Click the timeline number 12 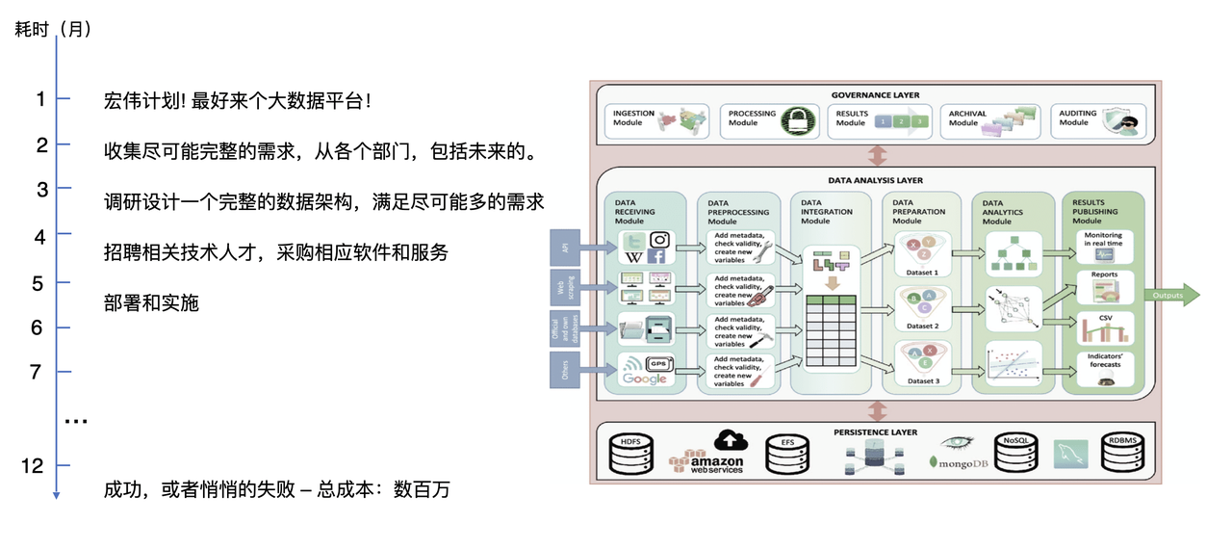pyautogui.click(x=33, y=466)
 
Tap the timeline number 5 pyautogui.click(x=38, y=283)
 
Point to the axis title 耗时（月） pyautogui.click(x=54, y=29)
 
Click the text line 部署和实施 pyautogui.click(x=151, y=302)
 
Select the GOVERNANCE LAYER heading pyautogui.click(x=875, y=95)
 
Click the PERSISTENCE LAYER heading pyautogui.click(x=876, y=432)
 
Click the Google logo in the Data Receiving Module pyautogui.click(x=645, y=379)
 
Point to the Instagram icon pyautogui.click(x=658, y=240)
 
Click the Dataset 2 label pyautogui.click(x=922, y=326)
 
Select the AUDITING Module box pyautogui.click(x=1097, y=121)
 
